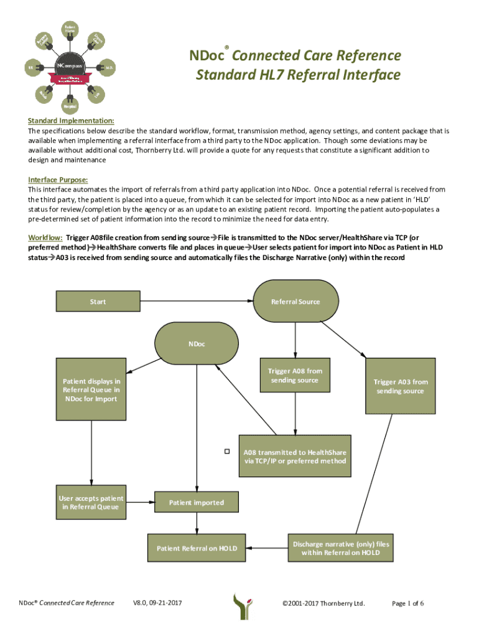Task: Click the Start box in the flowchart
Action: pyautogui.click(x=98, y=302)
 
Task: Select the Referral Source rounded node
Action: pyautogui.click(x=295, y=302)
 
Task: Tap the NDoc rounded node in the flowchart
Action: pyautogui.click(x=197, y=344)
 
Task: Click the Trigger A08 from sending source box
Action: pyautogui.click(x=295, y=376)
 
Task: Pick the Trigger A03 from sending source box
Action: pyautogui.click(x=400, y=386)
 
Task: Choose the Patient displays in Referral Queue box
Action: pyautogui.click(x=91, y=389)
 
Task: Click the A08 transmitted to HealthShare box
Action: pyautogui.click(x=295, y=457)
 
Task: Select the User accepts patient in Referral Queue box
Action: pyautogui.click(x=91, y=502)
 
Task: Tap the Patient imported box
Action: pyautogui.click(x=197, y=502)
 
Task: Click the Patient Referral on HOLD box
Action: pyautogui.click(x=197, y=548)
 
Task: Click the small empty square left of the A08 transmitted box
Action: pyautogui.click(x=227, y=451)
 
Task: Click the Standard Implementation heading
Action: pyautogui.click(x=70, y=120)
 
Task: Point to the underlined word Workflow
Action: pyautogui.click(x=45, y=238)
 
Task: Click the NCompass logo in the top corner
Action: pyautogui.click(x=69, y=65)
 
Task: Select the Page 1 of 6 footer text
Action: pyautogui.click(x=407, y=603)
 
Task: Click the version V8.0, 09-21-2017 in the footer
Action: pyautogui.click(x=157, y=603)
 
